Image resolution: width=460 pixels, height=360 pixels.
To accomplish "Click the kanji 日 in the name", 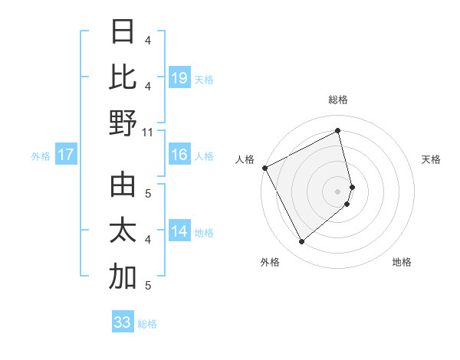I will click(123, 32).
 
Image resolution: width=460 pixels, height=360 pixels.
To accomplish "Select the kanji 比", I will click(123, 77).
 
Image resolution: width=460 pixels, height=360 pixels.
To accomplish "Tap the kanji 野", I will click(123, 123).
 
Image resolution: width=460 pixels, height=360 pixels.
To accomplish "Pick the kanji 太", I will click(123, 231).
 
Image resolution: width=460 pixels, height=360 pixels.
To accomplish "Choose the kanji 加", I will click(123, 277).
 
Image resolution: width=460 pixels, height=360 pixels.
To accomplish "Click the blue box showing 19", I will click(179, 77).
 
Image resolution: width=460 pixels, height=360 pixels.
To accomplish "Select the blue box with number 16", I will click(179, 155).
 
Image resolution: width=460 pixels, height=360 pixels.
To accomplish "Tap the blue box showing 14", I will click(179, 231).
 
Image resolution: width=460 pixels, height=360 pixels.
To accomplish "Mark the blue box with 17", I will click(66, 155).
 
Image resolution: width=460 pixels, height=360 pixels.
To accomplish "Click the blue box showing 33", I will click(123, 322).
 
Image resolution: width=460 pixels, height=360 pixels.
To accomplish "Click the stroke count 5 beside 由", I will click(148, 193).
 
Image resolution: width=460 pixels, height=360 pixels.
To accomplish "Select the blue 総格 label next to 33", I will click(147, 324).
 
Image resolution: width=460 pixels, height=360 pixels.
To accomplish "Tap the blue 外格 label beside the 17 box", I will click(41, 156).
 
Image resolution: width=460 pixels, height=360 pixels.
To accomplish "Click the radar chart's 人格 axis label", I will click(245, 159).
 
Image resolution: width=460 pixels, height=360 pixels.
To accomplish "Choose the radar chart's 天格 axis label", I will click(432, 159).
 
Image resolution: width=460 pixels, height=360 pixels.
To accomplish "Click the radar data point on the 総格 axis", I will click(338, 130).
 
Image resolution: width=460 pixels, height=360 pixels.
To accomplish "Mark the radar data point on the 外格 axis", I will click(302, 242).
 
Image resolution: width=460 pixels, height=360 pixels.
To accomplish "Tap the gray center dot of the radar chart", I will click(338, 191).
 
